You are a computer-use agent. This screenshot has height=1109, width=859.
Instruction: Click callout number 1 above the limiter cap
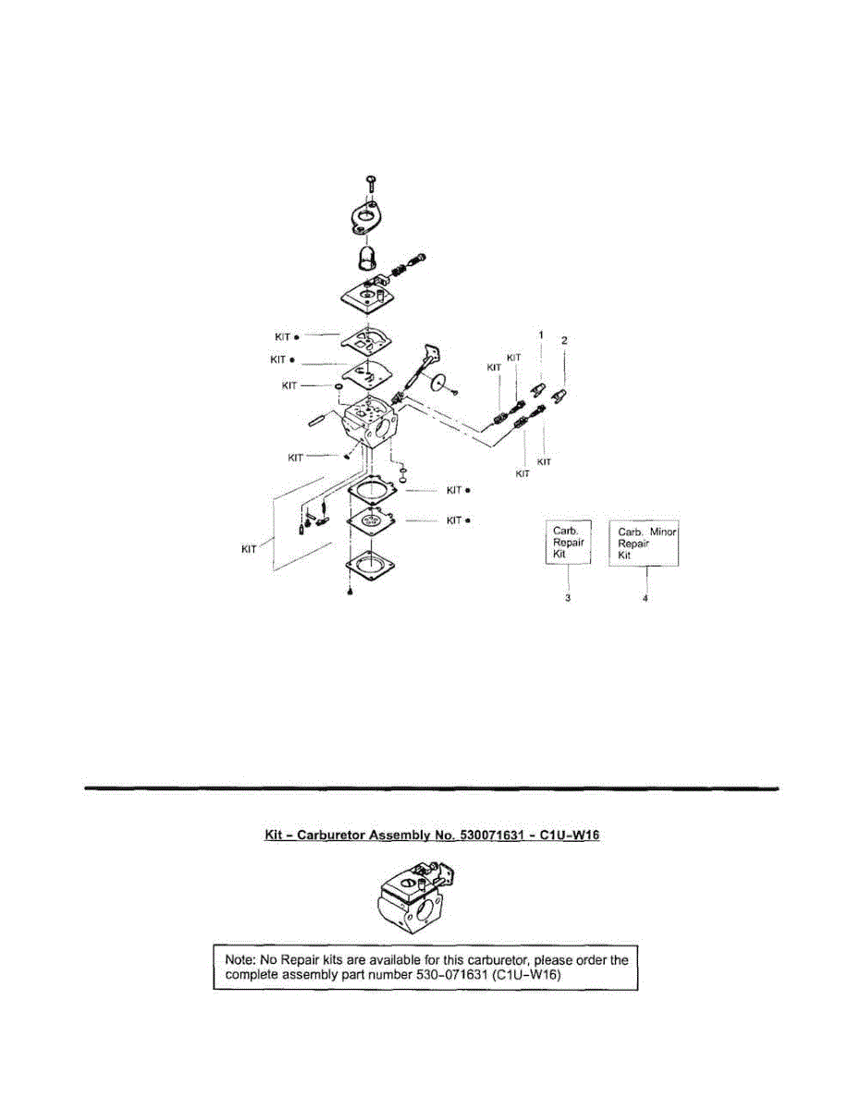[x=542, y=333]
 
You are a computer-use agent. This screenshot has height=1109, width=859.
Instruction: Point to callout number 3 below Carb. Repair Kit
[x=567, y=599]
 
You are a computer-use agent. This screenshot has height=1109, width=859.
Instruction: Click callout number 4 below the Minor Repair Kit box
[x=645, y=599]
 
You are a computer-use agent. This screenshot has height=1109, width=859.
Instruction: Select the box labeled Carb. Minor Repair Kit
[x=644, y=543]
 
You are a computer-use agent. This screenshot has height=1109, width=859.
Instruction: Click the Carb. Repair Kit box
[x=566, y=543]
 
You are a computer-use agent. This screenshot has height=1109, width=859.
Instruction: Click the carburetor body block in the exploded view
[x=372, y=425]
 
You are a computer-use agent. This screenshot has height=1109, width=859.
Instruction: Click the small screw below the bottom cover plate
[x=350, y=592]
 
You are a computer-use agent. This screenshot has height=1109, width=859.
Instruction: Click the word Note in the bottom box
[x=242, y=960]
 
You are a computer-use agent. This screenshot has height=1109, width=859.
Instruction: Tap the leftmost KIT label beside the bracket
[x=248, y=550]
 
